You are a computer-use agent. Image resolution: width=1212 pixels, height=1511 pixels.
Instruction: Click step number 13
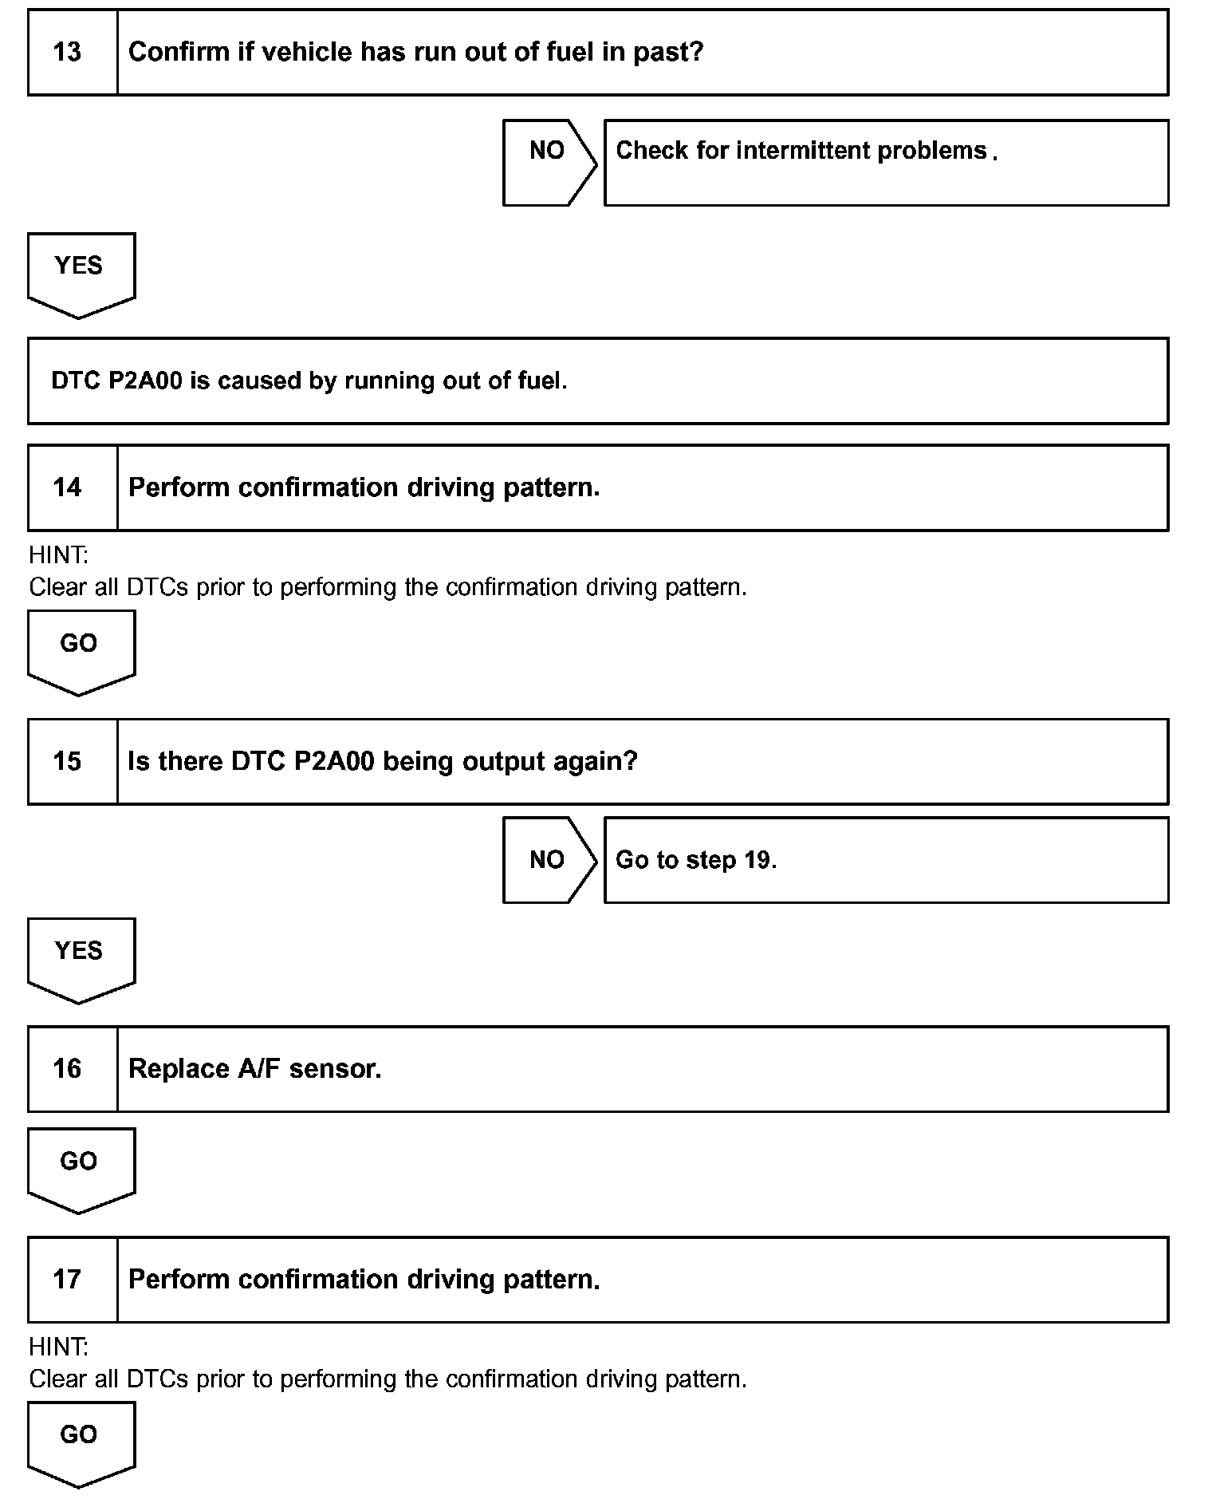click(68, 53)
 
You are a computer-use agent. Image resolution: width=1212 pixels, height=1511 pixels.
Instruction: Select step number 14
click(68, 487)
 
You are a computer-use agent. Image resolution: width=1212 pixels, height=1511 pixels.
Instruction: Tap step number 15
click(68, 761)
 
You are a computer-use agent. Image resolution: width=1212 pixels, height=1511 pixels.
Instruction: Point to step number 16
click(68, 1069)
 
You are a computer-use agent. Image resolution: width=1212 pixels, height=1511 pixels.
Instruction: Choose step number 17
click(68, 1280)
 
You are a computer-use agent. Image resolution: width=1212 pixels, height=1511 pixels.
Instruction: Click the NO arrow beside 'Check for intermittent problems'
click(549, 162)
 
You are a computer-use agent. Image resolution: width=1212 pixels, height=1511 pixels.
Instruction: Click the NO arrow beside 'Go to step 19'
click(549, 860)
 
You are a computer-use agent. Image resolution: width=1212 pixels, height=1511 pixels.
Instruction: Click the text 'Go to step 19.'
click(695, 860)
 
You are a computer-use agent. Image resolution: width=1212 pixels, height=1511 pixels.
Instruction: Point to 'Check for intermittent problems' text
click(801, 151)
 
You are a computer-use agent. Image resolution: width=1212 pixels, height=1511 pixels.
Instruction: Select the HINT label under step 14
click(58, 554)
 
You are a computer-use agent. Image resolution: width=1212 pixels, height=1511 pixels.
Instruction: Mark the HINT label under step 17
click(58, 1347)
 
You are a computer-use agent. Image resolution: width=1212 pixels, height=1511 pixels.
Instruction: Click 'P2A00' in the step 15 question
click(333, 761)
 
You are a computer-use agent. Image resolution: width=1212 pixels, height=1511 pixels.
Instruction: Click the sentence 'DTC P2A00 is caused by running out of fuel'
click(309, 381)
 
